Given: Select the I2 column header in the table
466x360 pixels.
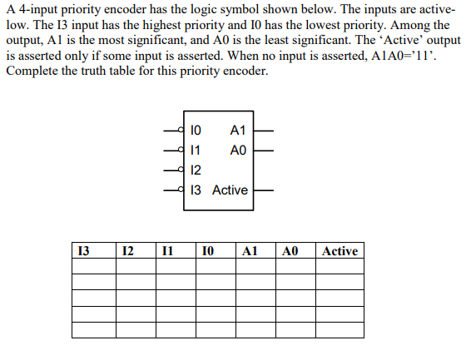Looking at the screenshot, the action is point(126,251).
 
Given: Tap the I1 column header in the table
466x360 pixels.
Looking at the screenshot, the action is point(168,251).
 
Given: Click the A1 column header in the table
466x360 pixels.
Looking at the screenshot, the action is point(250,251).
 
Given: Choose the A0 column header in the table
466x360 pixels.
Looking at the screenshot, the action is point(290,251).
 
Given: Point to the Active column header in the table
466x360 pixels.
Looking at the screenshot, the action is point(340,251).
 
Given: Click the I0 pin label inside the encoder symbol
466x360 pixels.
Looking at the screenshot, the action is point(196,131).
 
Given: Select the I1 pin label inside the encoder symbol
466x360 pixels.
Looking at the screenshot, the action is point(196,150).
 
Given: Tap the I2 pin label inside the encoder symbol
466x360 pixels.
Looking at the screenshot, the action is point(196,170).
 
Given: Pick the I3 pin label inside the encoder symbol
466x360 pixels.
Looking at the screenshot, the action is point(196,190).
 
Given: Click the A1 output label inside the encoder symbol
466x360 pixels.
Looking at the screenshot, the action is point(237,131).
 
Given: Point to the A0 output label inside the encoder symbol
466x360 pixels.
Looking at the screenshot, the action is point(237,150).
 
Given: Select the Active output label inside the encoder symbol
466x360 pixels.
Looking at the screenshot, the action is point(230,190).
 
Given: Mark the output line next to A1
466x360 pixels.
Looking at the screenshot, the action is point(263,131).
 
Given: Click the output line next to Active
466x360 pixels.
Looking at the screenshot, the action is point(263,190).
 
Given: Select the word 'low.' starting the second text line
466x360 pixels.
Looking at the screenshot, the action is point(18,24).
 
